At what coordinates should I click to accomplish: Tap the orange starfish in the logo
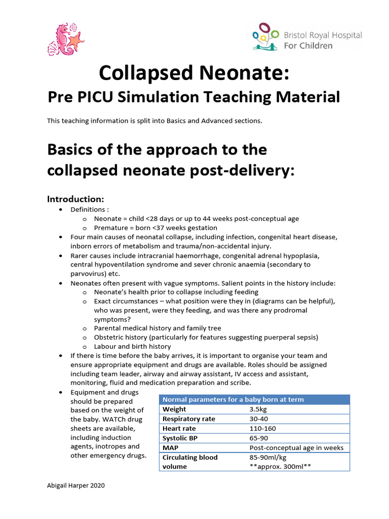click(75, 40)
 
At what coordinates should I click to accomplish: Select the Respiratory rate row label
click(188, 419)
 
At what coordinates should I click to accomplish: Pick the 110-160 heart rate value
click(262, 428)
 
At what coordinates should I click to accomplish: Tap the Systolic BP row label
click(180, 438)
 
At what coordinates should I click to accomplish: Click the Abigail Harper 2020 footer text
click(75, 486)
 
